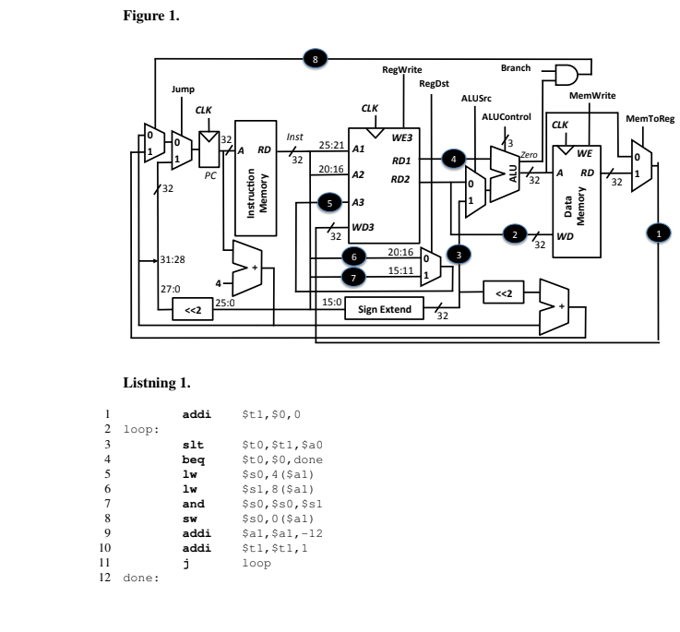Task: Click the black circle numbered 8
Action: [316, 59]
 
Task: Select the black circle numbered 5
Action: [328, 201]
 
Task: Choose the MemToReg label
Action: [650, 119]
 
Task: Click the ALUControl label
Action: [507, 116]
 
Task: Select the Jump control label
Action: [184, 89]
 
